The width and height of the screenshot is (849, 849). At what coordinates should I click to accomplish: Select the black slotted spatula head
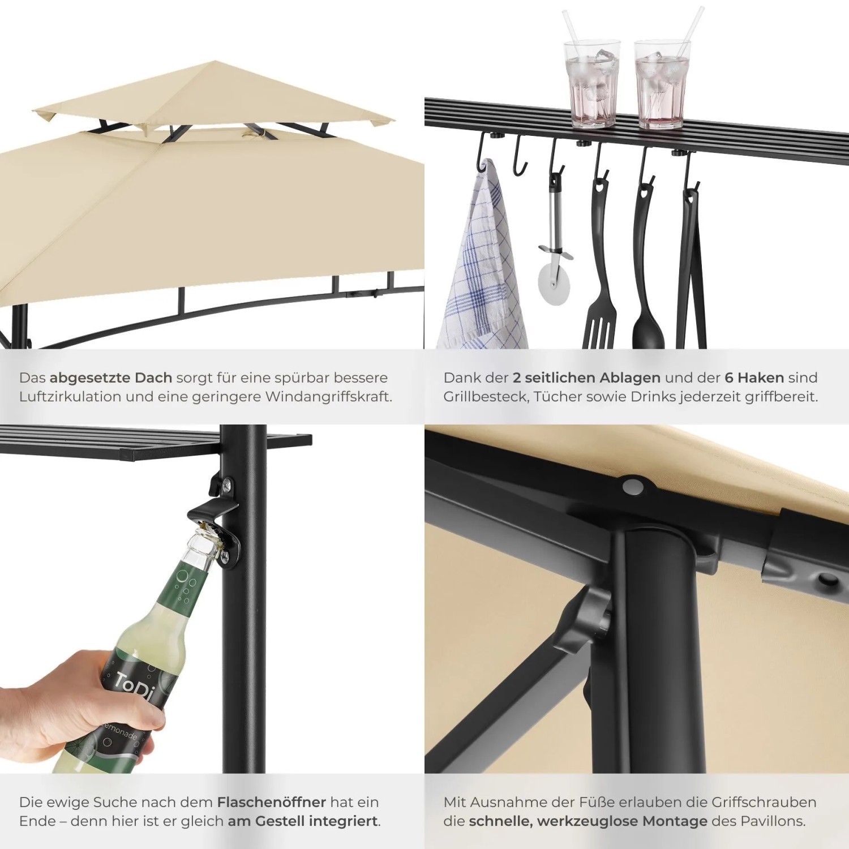[x=599, y=323]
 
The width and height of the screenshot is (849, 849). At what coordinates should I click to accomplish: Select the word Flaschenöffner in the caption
[x=271, y=802]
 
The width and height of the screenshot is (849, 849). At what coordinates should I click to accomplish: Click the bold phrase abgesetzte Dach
[x=111, y=378]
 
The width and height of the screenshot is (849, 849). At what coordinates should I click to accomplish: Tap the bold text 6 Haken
[x=754, y=378]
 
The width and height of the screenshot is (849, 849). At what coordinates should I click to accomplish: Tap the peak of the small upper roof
[x=214, y=61]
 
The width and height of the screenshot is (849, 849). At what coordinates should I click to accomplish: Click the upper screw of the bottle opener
[x=226, y=484]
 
